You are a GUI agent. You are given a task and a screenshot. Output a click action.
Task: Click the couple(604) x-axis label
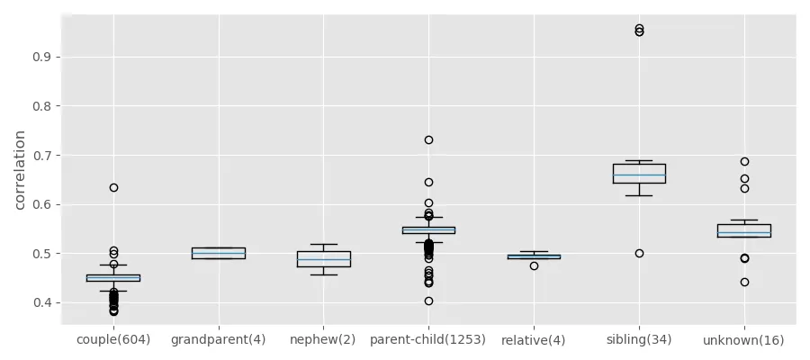click(x=113, y=340)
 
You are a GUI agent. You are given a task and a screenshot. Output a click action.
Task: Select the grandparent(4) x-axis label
click(x=219, y=340)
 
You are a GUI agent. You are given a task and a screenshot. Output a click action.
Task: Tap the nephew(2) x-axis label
click(x=323, y=340)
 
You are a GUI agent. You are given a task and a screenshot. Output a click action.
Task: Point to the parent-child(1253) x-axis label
click(x=428, y=340)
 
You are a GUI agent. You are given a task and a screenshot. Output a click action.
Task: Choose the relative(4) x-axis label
click(x=534, y=340)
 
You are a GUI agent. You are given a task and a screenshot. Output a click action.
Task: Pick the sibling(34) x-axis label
click(x=639, y=340)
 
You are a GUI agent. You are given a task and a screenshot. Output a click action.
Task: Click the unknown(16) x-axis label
click(x=744, y=340)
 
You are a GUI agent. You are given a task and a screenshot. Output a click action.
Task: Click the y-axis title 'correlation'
click(x=20, y=170)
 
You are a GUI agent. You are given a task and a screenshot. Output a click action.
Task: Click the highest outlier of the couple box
click(x=113, y=187)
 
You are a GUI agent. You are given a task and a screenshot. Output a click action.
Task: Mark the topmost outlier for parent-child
click(x=428, y=139)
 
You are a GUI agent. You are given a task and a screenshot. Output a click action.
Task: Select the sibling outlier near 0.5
click(x=639, y=253)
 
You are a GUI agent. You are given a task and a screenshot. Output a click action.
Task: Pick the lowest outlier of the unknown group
click(x=744, y=282)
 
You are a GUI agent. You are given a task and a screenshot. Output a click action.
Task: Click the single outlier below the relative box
click(x=534, y=265)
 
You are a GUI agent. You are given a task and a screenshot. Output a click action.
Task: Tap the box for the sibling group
click(x=639, y=174)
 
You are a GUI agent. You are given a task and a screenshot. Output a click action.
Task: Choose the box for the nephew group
click(x=323, y=259)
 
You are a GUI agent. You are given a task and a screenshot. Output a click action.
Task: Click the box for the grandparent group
click(x=219, y=253)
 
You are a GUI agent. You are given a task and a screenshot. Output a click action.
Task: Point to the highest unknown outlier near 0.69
click(x=744, y=162)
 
